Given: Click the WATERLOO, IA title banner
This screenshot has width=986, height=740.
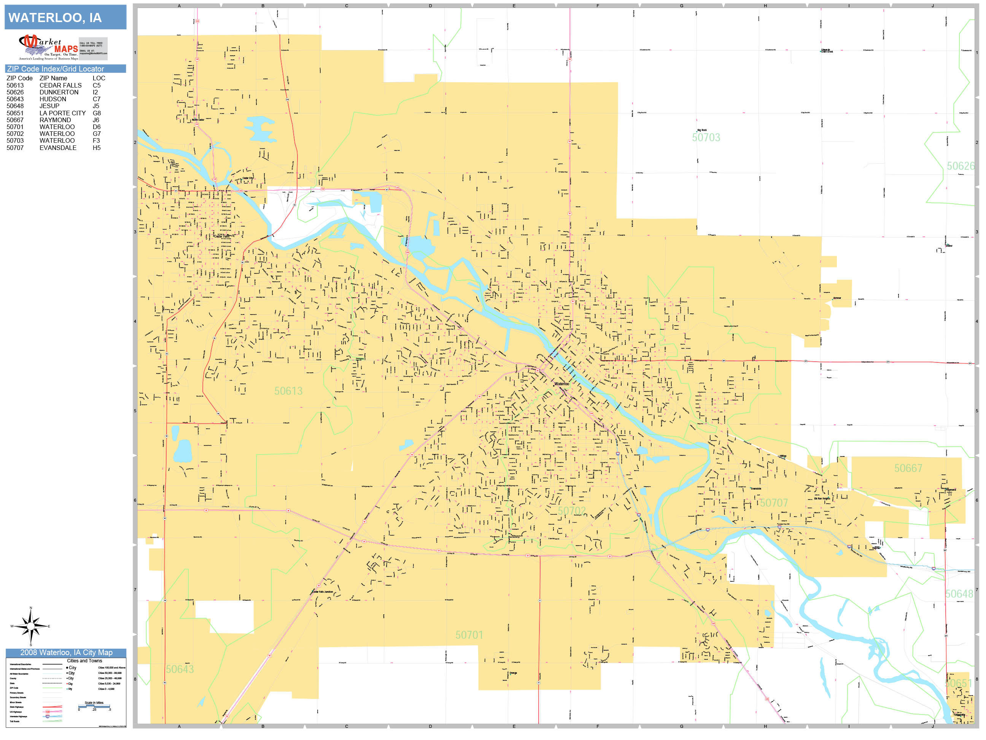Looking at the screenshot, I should pos(65,18).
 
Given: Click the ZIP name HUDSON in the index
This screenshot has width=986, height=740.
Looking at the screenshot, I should pos(52,99).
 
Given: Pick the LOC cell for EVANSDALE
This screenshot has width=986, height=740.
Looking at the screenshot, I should pos(97,148).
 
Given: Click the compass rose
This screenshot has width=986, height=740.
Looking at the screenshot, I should pos(31,626).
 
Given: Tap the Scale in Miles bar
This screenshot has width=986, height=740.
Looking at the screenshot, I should pos(94,706).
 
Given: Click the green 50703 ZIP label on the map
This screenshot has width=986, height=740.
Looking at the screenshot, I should pos(706,137).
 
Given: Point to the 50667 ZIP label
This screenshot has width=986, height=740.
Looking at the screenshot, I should pos(908,468).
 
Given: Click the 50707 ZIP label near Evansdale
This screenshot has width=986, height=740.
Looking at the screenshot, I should pos(773,503).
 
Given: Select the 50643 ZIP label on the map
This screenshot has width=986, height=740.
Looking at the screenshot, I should pos(180,669).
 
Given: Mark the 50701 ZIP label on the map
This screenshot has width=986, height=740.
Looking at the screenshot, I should pos(469,635).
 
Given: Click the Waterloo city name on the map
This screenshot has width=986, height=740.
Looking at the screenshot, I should pos(561,384).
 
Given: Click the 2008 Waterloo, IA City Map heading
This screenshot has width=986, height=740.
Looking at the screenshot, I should pos(66,652).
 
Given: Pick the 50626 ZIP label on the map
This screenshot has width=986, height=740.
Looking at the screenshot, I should pos(960,166).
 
